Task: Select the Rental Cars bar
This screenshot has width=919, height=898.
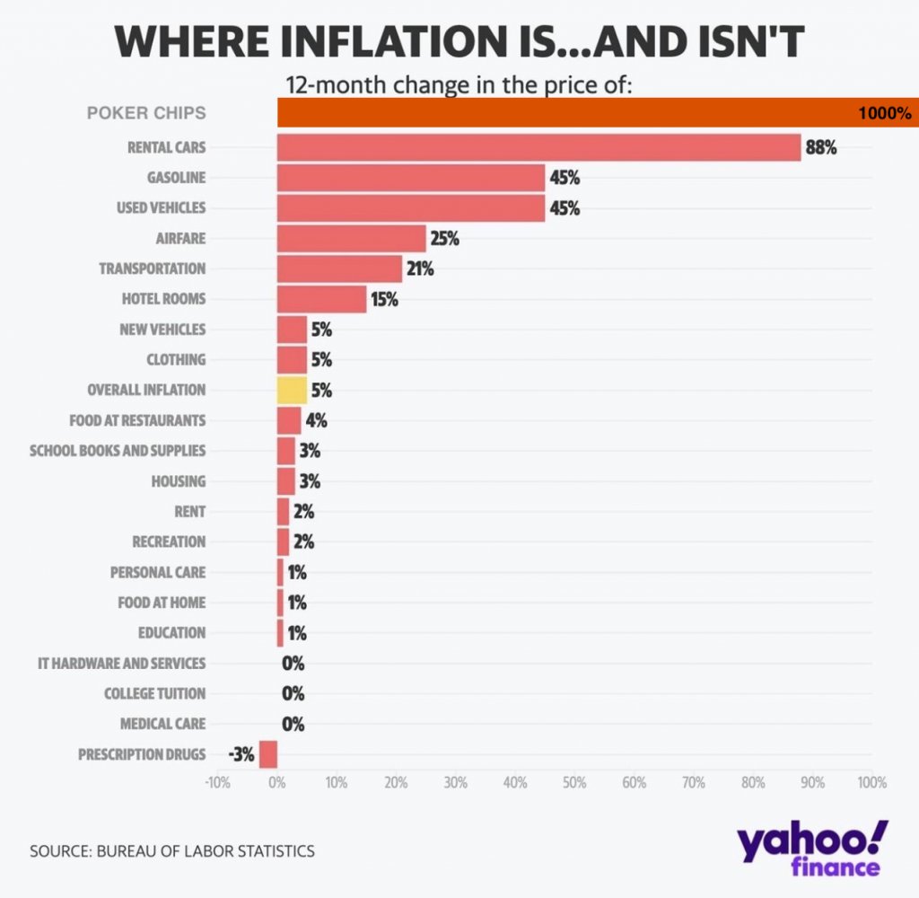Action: [x=538, y=147]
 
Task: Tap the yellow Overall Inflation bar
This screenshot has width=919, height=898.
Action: [x=292, y=390]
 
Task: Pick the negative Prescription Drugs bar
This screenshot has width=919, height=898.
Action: [x=267, y=754]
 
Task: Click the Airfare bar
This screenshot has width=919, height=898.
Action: [x=351, y=238]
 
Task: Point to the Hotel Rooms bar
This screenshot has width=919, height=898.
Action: [x=321, y=299]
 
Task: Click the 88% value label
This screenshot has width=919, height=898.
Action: [x=821, y=147]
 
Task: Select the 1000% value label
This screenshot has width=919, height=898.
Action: [x=884, y=113]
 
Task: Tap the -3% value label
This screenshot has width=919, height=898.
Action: [x=241, y=754]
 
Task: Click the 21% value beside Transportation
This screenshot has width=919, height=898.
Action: [x=418, y=269]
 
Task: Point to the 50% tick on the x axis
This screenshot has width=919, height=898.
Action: [x=574, y=782]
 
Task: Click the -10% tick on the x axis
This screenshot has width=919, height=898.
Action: [x=218, y=782]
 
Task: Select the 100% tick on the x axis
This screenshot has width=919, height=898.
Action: [x=871, y=782]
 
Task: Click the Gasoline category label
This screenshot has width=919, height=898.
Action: [x=176, y=178]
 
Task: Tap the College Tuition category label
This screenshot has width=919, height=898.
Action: [x=154, y=693]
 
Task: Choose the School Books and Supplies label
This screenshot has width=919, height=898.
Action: [x=118, y=450]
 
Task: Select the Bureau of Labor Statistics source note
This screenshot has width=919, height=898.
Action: [x=172, y=850]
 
